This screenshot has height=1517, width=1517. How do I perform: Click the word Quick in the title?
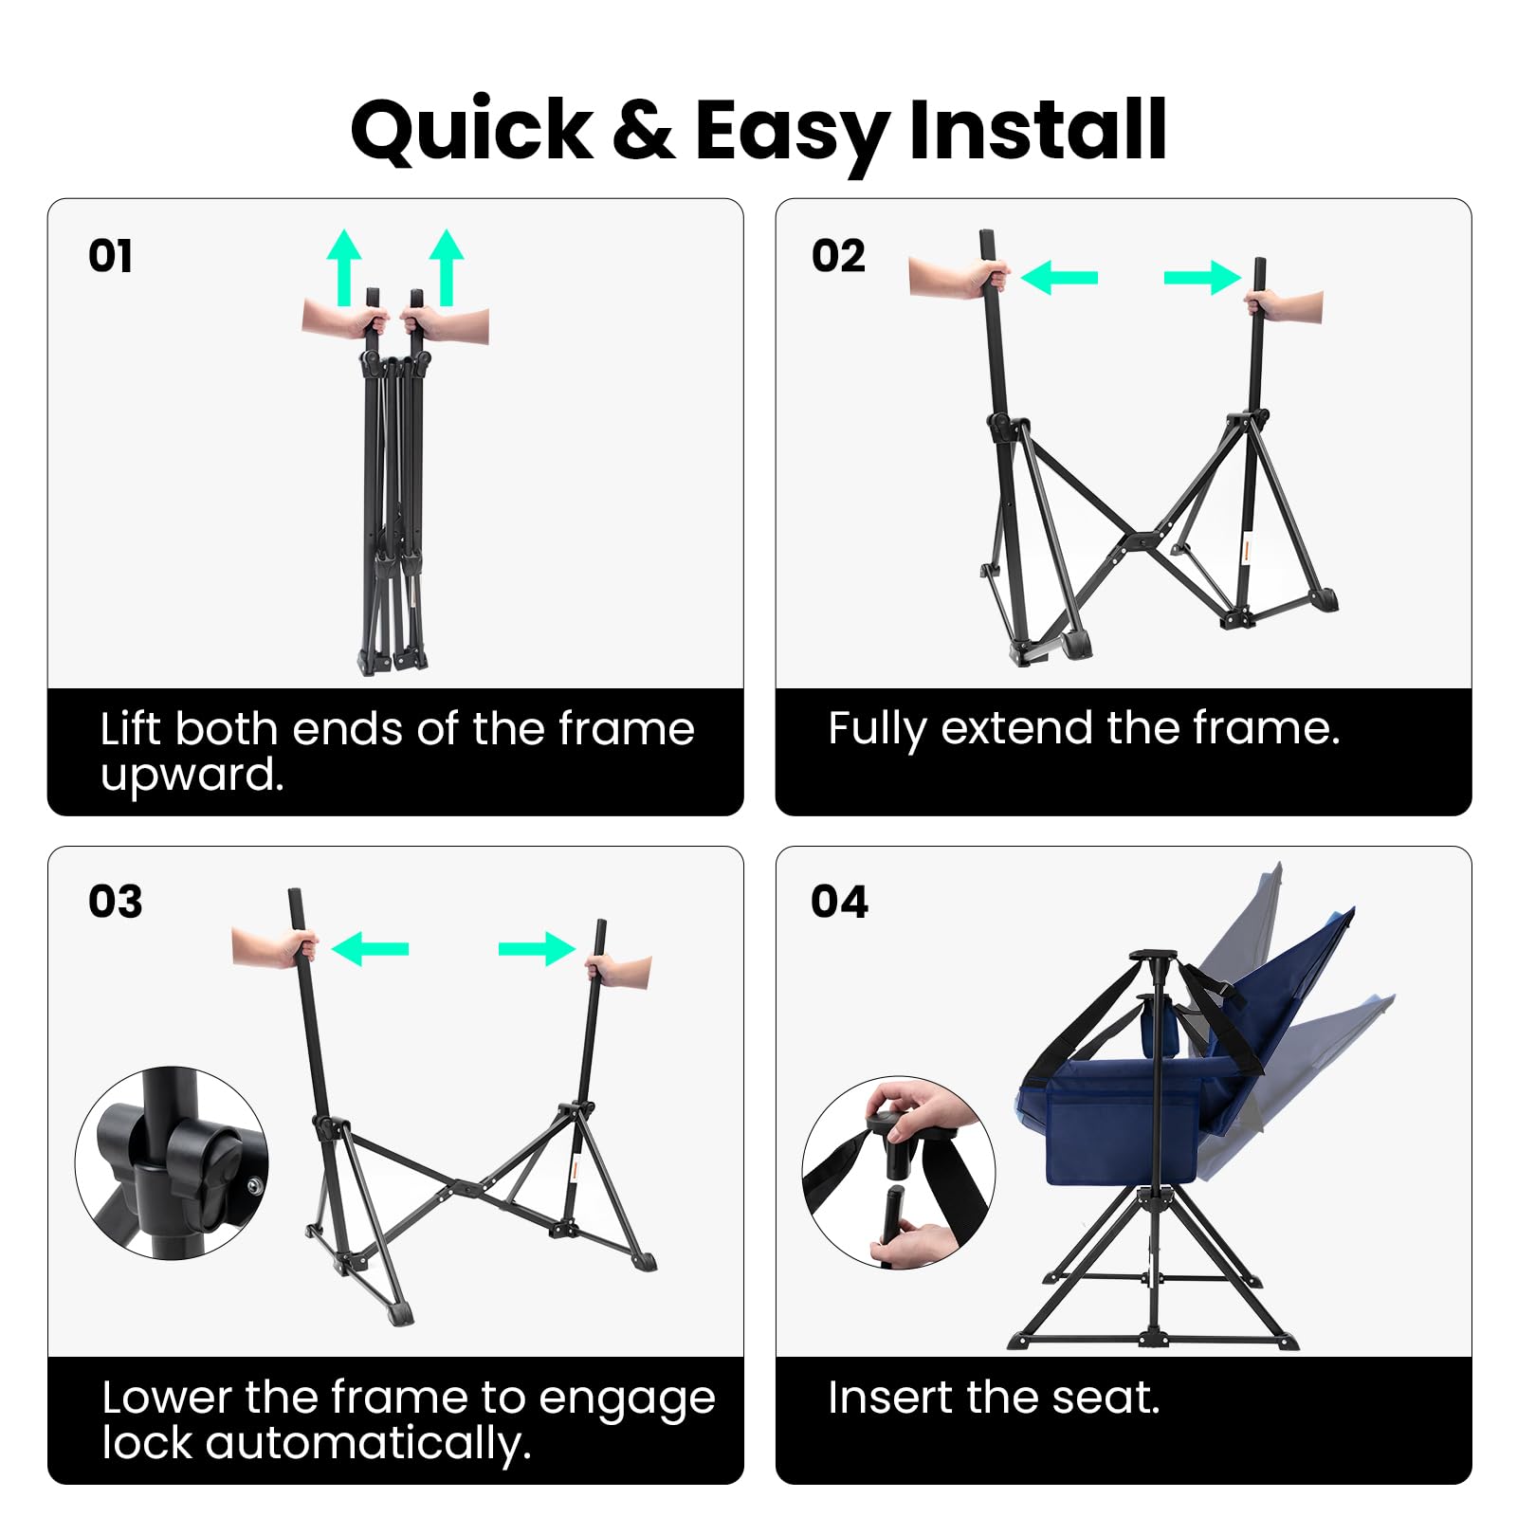pos(471,131)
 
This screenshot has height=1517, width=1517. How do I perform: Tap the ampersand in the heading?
pos(644,131)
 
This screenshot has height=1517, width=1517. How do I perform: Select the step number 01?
pos(110,256)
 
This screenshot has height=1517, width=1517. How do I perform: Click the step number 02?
pos(838,256)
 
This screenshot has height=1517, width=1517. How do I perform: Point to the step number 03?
pos(115,902)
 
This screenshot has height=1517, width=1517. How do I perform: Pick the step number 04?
pos(839,902)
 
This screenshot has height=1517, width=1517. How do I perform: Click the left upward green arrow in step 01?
pos(344,265)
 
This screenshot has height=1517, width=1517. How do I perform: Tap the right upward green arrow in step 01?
pos(447,265)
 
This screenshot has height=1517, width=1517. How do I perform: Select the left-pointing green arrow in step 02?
pos(1060,278)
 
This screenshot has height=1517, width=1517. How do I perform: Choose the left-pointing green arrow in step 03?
pos(371,948)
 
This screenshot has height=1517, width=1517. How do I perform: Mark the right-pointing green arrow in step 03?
pos(537,948)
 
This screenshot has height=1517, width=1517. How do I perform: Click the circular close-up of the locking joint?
pos(172,1163)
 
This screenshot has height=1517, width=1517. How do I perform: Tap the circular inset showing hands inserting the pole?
pos(898,1172)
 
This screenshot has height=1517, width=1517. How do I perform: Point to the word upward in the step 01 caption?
pos(192,776)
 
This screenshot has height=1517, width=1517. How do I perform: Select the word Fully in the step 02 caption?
pos(877,729)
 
